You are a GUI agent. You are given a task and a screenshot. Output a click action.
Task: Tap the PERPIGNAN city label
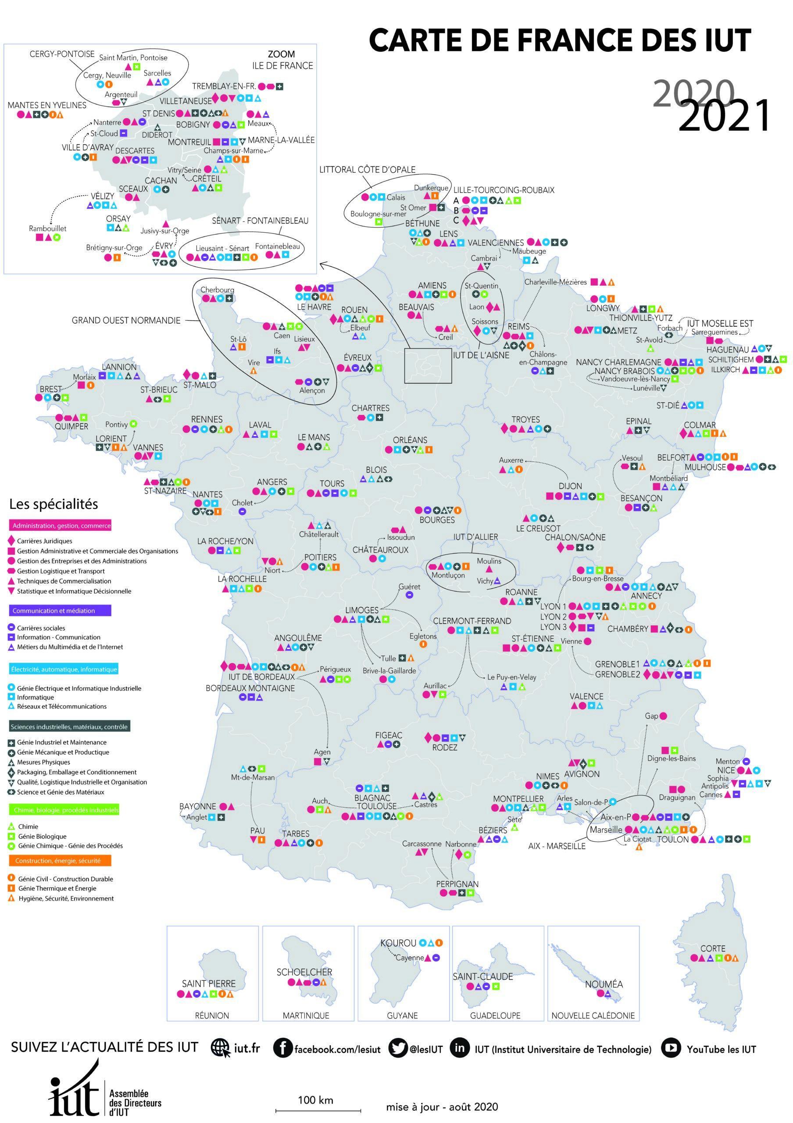pos(457,884)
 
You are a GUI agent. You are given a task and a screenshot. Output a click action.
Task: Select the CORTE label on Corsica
pos(713,948)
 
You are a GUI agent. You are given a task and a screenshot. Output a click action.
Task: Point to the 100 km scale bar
pos(318,1110)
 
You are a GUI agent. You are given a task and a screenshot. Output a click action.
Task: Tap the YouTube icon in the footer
pos(671,1048)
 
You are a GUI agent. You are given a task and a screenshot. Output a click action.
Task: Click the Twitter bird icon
pos(398,1048)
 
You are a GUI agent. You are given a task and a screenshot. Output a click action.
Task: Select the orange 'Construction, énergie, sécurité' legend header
pos(60,860)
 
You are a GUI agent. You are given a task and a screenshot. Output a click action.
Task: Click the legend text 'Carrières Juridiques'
pos(44,541)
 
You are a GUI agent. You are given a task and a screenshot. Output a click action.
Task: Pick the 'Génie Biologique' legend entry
pos(42,837)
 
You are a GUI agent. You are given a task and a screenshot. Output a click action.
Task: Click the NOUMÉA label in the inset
pos(604,984)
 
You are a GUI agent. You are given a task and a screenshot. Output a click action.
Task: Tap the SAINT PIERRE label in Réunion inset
pos(209,984)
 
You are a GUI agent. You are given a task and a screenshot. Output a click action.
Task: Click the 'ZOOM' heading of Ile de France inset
pos(281,54)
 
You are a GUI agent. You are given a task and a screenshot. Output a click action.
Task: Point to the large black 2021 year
pos(724,115)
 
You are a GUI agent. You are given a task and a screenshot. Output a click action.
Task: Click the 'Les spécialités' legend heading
pos(54,504)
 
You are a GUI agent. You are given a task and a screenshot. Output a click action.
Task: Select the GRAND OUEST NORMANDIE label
pos(126,320)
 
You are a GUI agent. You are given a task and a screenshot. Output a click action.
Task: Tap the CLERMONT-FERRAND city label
pos(472,621)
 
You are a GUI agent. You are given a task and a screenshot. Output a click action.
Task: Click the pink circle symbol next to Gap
pos(664,716)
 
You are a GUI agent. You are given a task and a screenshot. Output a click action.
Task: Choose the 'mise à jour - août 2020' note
pos(442,1107)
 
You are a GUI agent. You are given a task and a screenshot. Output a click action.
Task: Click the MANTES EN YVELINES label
pos(47,105)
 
